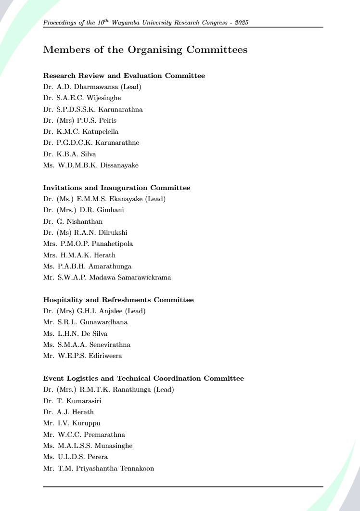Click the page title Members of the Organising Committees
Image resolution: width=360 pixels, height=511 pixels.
pos(145,50)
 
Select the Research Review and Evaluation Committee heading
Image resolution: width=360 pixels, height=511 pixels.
pos(124,76)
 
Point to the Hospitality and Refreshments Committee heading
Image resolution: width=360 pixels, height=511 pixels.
pos(118,300)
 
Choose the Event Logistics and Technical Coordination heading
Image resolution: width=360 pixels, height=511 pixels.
pos(143,378)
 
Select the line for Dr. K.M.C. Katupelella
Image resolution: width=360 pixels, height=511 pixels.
pos(81,131)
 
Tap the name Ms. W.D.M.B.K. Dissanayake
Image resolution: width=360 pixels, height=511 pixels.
pos(91,165)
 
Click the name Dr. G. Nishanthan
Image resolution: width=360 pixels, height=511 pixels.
pos(73,221)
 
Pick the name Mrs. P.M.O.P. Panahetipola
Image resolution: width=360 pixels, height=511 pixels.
pos(88,243)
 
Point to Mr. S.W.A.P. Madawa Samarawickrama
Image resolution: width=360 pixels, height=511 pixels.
pos(107,277)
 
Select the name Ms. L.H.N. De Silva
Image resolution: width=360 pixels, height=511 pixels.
pos(76,333)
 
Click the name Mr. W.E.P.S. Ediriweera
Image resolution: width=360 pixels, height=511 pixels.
pos(83,356)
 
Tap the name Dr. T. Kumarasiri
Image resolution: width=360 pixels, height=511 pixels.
pos(72,400)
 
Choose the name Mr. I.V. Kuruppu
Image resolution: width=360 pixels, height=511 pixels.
pos(72,423)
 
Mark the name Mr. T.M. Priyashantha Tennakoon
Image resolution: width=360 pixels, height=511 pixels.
pos(99,468)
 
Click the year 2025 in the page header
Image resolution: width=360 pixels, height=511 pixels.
pos(242,23)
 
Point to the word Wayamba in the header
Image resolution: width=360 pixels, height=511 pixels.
pos(124,23)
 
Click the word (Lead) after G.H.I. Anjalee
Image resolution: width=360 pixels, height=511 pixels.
pos(135,311)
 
